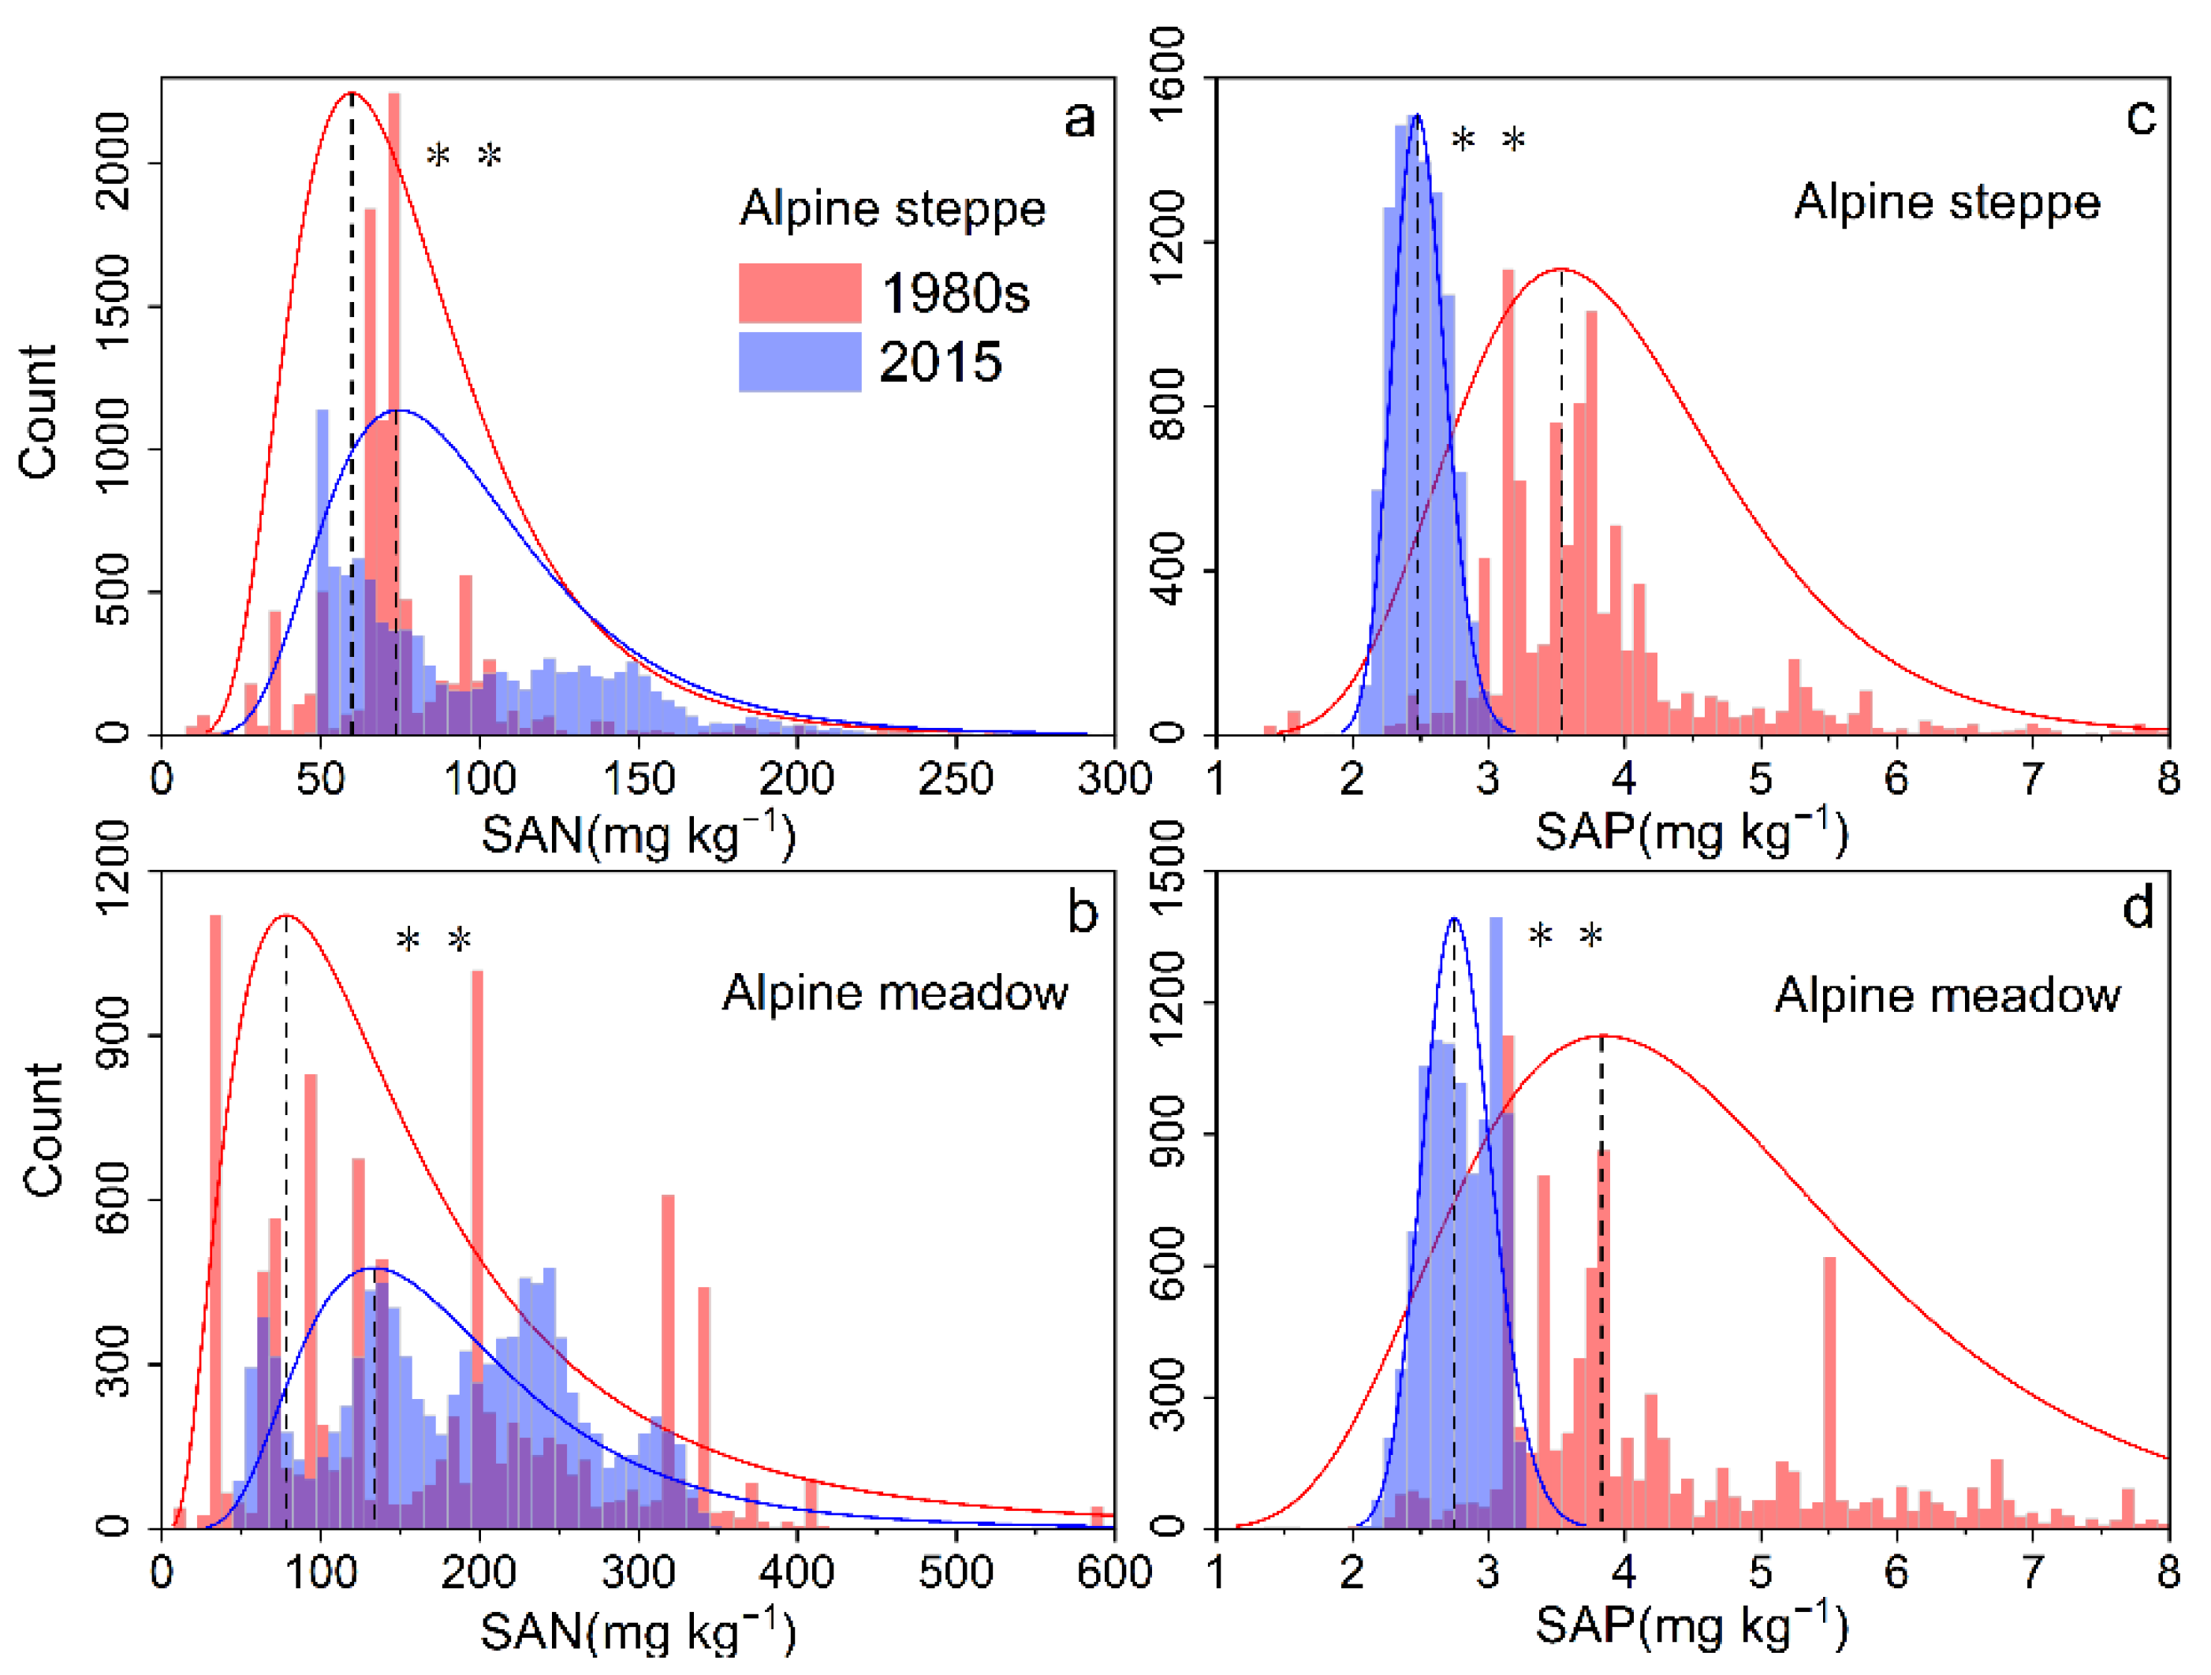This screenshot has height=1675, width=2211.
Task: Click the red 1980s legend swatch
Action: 799,292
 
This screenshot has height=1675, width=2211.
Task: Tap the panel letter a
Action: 1079,119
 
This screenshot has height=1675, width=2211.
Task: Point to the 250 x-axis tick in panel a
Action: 955,778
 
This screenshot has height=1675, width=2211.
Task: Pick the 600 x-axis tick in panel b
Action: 1113,1572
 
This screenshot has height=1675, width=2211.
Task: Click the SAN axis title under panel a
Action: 638,834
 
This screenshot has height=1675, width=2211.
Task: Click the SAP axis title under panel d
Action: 1691,1626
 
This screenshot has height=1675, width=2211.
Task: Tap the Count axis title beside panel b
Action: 43,1129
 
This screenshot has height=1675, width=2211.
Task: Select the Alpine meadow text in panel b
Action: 895,994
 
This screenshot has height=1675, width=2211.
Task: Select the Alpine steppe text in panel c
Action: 1946,203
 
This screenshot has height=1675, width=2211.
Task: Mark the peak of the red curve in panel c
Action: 1560,269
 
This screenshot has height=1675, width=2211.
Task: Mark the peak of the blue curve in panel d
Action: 1453,919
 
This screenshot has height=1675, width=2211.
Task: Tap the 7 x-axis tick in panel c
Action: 2031,778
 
